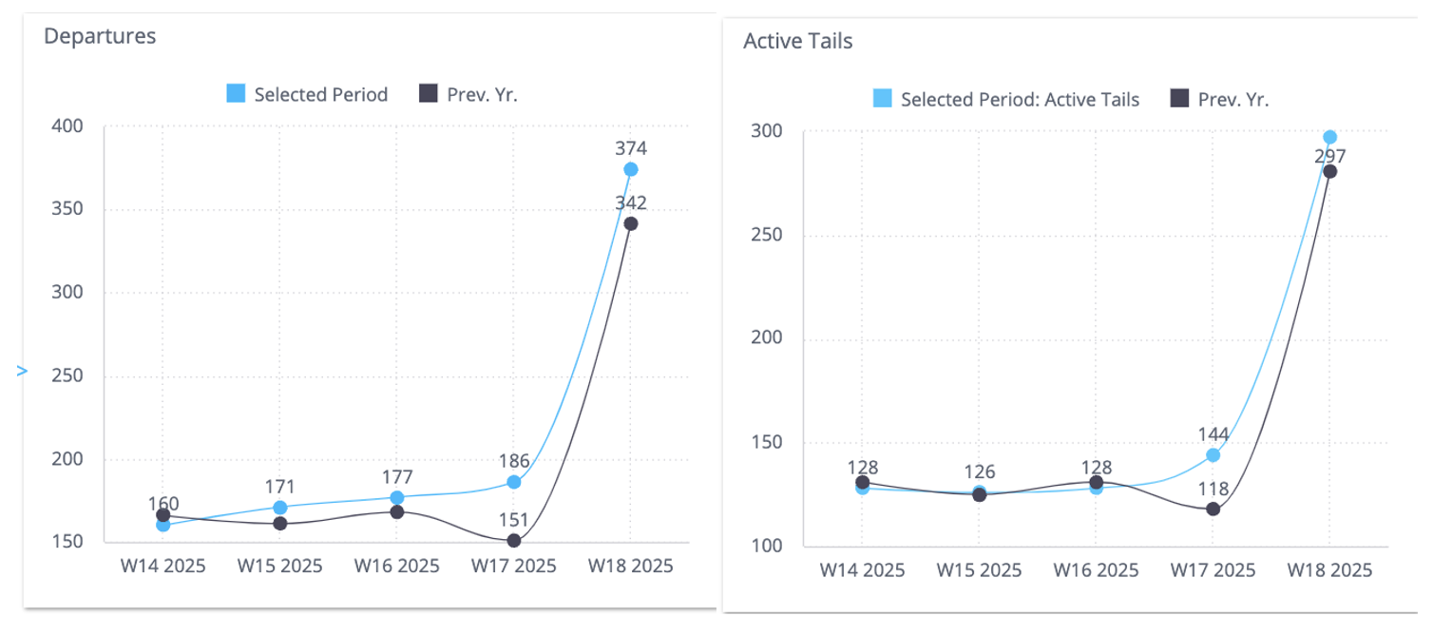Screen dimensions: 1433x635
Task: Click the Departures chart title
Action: [x=100, y=36]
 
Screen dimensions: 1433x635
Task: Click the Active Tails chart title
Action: [x=797, y=41]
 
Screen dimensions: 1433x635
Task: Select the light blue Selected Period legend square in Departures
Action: [x=236, y=93]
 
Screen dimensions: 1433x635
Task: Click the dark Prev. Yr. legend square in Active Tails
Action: [x=1179, y=99]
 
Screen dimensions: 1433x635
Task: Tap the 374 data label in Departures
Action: [x=631, y=148]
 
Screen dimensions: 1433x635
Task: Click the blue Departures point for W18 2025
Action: [x=631, y=169]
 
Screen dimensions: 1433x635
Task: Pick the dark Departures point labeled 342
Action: [x=631, y=224]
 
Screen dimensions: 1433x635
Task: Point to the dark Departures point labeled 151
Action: [x=514, y=541]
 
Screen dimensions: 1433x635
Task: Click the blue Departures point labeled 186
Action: [x=514, y=482]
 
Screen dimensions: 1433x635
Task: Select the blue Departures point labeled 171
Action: [x=280, y=508]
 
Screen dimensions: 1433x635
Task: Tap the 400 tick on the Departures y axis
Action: [x=67, y=126]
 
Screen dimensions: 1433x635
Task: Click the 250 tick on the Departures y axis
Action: [x=67, y=375]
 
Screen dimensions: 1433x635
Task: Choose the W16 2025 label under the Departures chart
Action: [x=396, y=566]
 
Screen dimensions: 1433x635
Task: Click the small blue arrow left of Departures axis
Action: [x=23, y=371]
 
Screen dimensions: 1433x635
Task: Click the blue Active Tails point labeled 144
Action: [x=1213, y=455]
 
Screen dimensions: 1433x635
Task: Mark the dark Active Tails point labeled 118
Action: [x=1213, y=510]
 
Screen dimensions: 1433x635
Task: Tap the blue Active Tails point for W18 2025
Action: [x=1330, y=137]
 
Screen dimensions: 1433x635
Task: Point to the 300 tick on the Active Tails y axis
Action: [x=767, y=130]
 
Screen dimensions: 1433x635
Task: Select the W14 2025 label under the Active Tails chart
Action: [x=862, y=569]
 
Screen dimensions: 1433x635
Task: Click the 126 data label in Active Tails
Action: [x=980, y=472]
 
